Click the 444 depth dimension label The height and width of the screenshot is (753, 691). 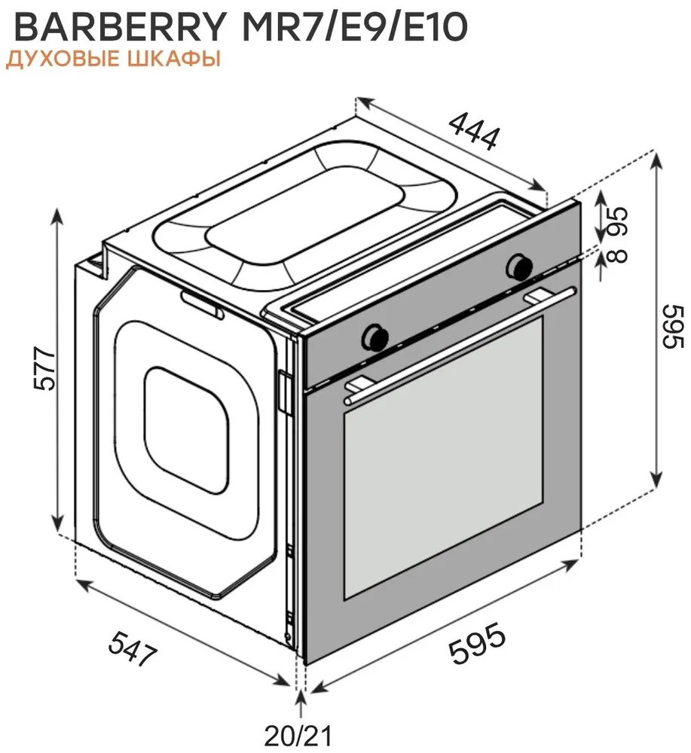pyautogui.click(x=474, y=130)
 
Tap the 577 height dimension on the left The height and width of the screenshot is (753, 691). pyautogui.click(x=46, y=369)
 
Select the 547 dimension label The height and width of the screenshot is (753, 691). pyautogui.click(x=133, y=648)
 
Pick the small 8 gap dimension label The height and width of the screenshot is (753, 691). pyautogui.click(x=617, y=255)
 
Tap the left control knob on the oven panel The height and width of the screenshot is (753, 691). pyautogui.click(x=375, y=336)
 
